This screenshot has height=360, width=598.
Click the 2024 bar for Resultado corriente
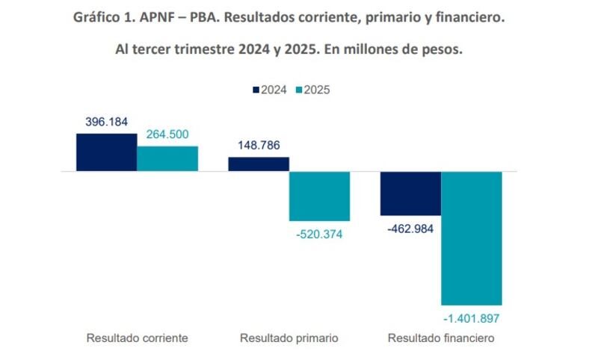pos(106,152)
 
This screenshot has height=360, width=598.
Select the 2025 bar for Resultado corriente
pos(167,158)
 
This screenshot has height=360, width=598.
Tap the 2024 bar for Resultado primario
pos(259,164)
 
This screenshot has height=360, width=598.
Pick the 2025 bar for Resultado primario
pos(319,196)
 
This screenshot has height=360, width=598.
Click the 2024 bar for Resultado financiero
pos(410,193)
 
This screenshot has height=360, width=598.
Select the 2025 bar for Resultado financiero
pos(472,238)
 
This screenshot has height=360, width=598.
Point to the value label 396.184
pos(107,122)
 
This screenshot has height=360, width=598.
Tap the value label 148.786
pos(259,145)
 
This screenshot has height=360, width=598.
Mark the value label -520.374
pos(321,235)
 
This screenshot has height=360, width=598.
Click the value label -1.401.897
pos(472,318)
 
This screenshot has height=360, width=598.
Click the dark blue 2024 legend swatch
pos(254,90)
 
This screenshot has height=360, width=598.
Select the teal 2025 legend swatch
pos(298,90)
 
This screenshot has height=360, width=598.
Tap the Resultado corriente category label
pos(137,338)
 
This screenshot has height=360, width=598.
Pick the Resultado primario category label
pos(289,338)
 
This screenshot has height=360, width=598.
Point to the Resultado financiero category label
pos(441,338)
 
